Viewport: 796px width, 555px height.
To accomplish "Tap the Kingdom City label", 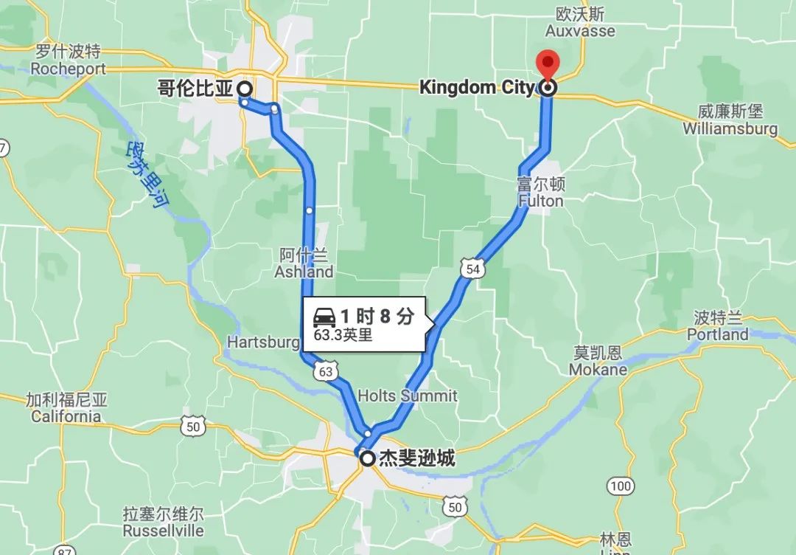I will click(x=477, y=88).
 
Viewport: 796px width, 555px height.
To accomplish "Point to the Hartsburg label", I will click(x=263, y=342).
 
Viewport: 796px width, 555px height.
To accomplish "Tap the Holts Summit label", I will click(x=407, y=396).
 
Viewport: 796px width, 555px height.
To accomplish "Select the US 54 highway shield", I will click(x=472, y=269).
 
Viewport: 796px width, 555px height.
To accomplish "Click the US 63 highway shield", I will click(x=325, y=371).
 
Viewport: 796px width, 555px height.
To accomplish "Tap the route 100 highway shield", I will click(x=621, y=486).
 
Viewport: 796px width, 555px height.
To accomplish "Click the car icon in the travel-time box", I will click(x=325, y=318).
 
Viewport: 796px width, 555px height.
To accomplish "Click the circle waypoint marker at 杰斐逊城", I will click(x=367, y=459).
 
